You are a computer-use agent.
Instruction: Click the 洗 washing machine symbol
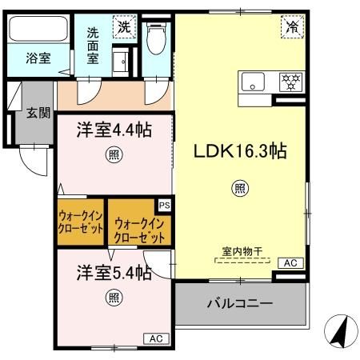coord(124,26)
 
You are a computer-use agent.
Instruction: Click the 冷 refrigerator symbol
coord(290,26)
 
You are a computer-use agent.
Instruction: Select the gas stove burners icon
coord(290,81)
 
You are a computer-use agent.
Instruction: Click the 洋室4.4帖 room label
coord(114,130)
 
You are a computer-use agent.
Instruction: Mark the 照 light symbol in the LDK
coord(238,189)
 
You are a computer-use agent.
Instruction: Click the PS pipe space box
coord(164,205)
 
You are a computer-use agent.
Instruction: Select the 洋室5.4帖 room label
coord(114,272)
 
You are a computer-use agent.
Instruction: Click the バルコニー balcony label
coord(240,304)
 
